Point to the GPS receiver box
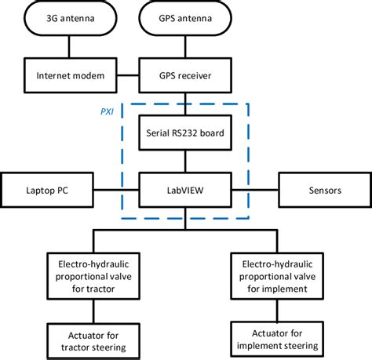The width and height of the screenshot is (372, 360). pyautogui.click(x=185, y=76)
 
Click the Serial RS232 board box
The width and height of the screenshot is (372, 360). pyautogui.click(x=185, y=133)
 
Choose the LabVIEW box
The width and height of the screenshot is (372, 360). pyautogui.click(x=185, y=189)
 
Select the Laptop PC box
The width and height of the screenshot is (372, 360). pyautogui.click(x=48, y=189)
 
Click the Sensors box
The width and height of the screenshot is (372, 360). pyautogui.click(x=322, y=189)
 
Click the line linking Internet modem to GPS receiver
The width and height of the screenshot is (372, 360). pyautogui.click(x=129, y=76)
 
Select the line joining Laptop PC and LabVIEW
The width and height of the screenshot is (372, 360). pyautogui.click(x=117, y=189)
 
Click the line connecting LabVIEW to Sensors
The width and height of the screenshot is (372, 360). pyautogui.click(x=254, y=189)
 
